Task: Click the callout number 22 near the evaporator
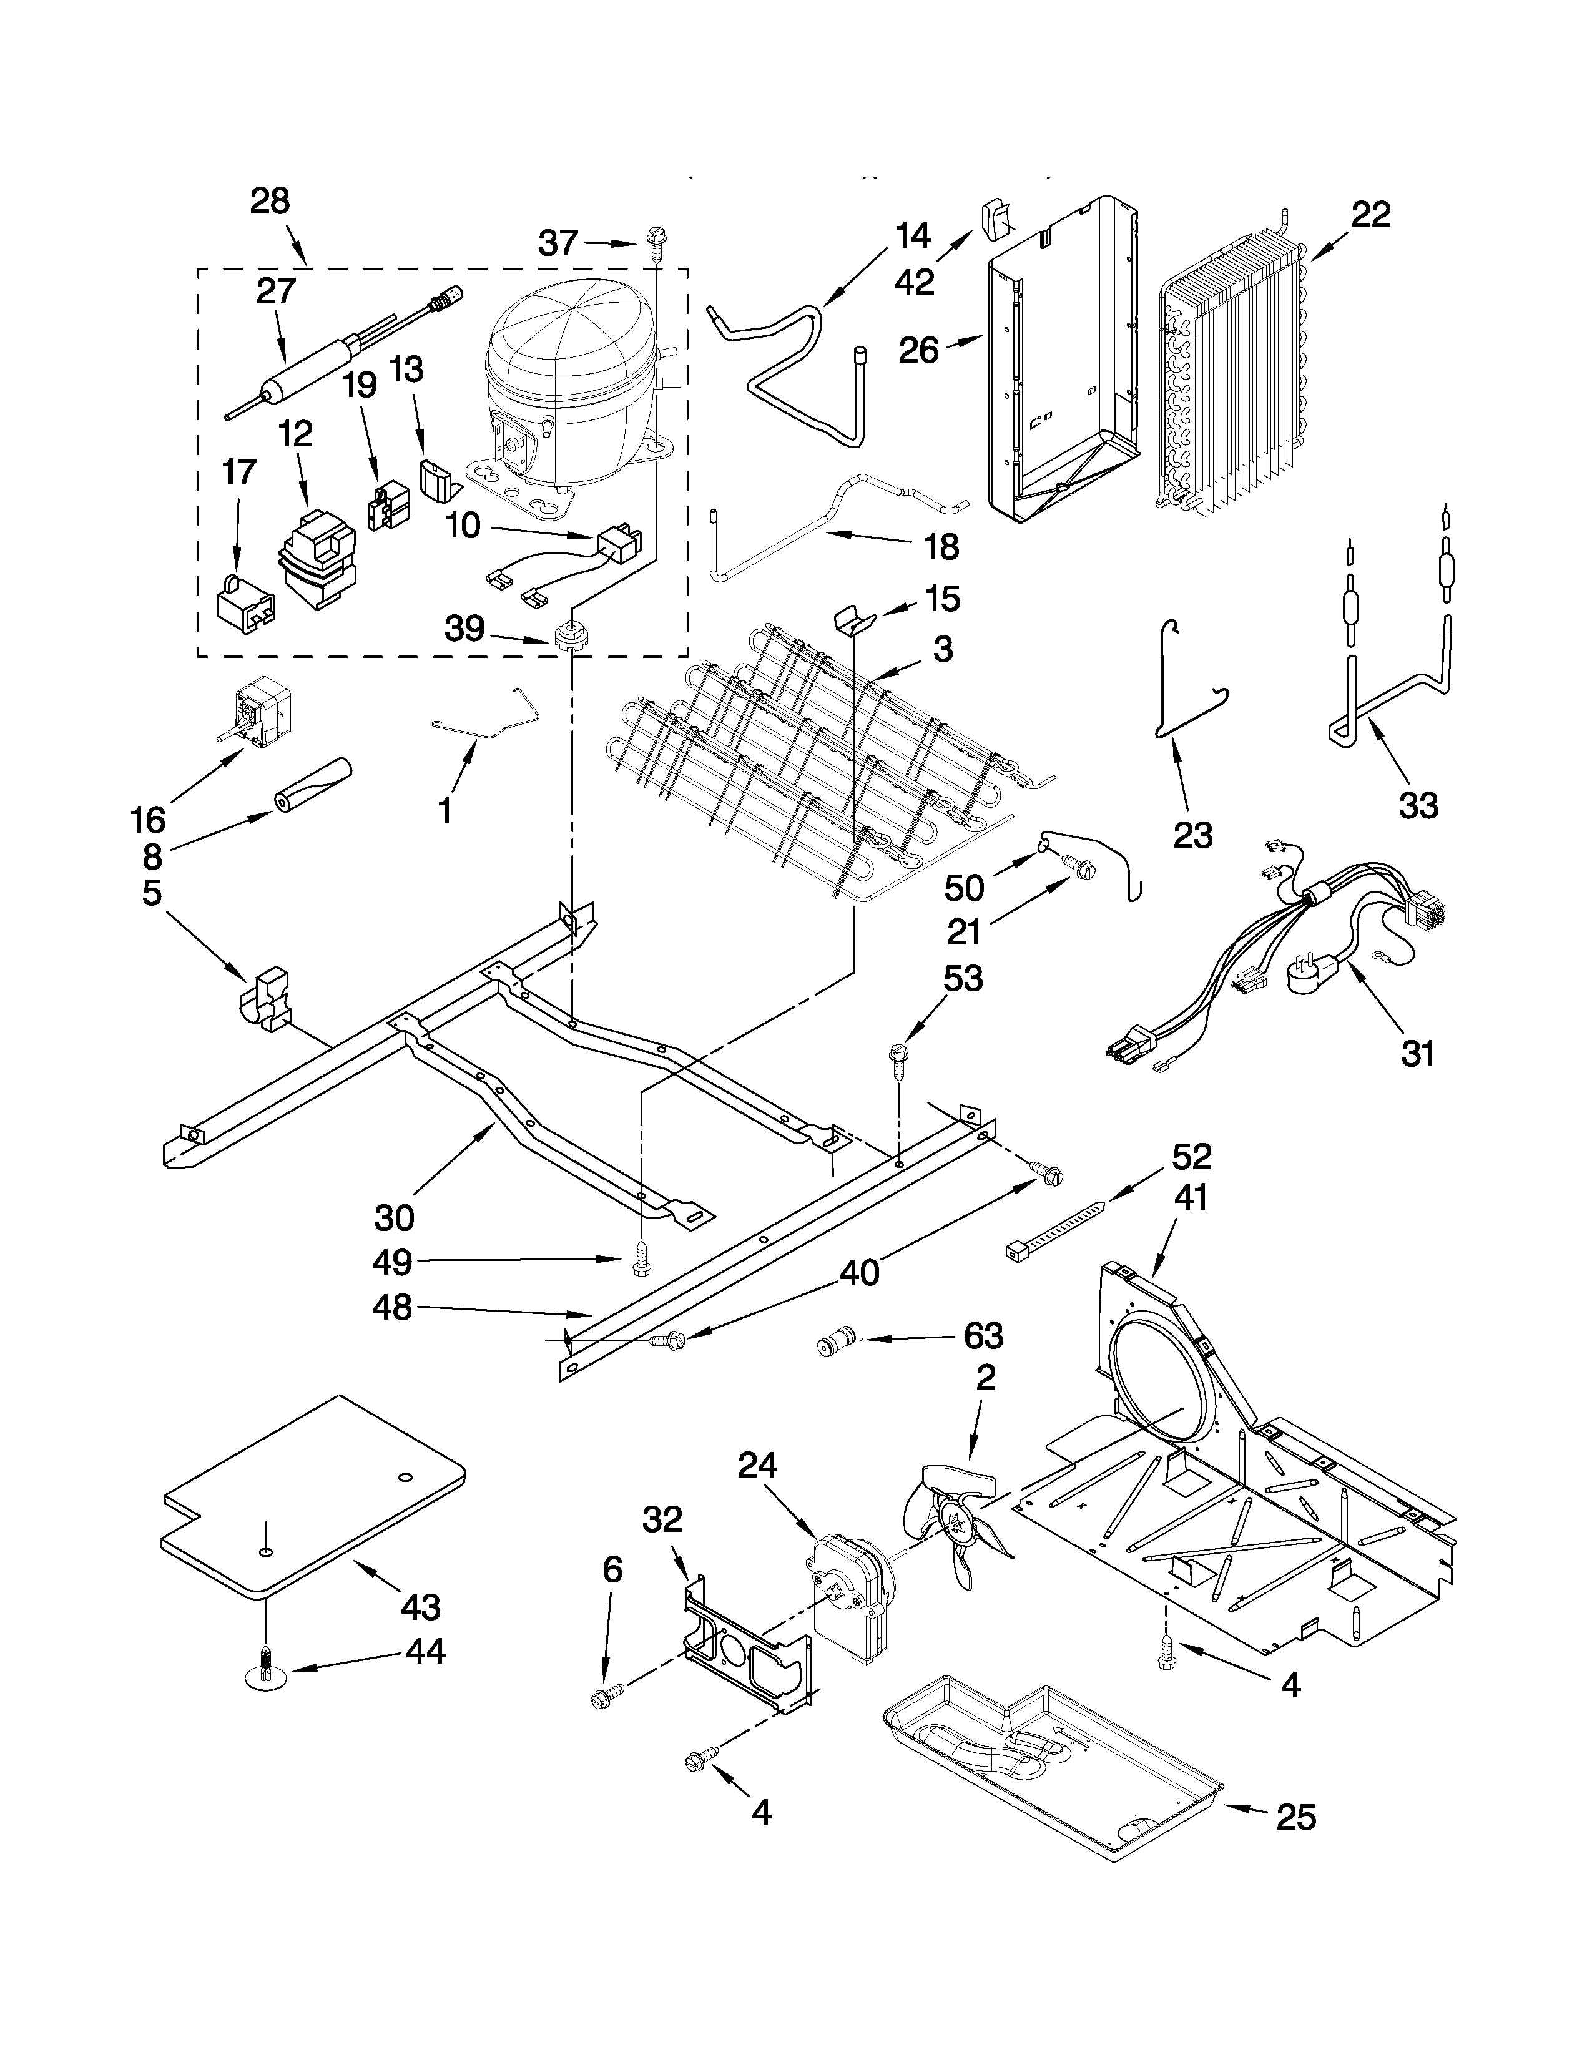tap(1370, 215)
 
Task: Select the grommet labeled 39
tap(569, 634)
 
